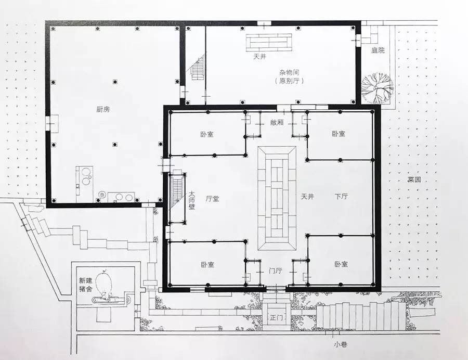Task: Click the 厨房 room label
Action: point(103,109)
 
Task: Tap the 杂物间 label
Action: point(289,72)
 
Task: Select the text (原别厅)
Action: point(289,81)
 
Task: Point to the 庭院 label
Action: point(378,50)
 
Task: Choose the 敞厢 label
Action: point(277,122)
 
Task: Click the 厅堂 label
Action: point(213,199)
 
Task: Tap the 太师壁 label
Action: point(191,200)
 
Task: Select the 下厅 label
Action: point(341,197)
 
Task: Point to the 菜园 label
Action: point(414,179)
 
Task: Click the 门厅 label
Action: point(275,271)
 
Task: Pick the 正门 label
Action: point(276,318)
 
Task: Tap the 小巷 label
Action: point(341,344)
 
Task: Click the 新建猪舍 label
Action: point(86,285)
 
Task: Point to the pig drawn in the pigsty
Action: point(104,283)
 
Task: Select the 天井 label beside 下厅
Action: point(307,197)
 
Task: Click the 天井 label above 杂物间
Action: point(259,56)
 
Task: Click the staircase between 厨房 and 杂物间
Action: point(198,67)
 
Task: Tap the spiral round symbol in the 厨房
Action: point(102,195)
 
